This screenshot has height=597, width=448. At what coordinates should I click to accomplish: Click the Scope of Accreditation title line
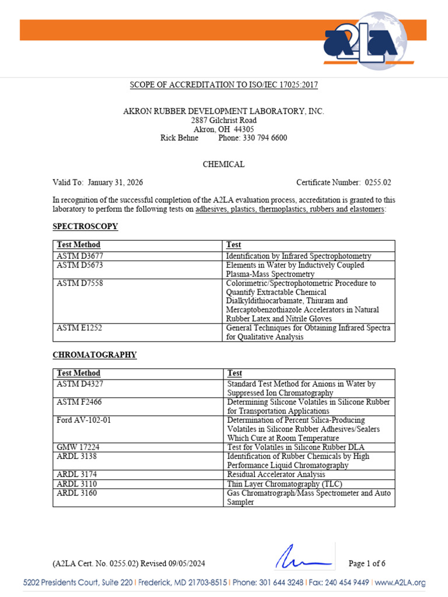click(224, 85)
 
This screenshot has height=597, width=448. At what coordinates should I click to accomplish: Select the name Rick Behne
click(179, 138)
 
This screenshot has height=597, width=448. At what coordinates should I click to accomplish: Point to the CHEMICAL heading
click(223, 164)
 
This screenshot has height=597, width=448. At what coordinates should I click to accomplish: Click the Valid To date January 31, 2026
click(116, 182)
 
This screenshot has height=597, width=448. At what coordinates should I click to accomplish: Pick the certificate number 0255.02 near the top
click(378, 182)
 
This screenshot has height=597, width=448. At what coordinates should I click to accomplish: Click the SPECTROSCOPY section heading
click(85, 226)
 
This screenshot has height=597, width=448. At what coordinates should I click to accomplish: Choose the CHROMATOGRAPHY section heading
click(94, 354)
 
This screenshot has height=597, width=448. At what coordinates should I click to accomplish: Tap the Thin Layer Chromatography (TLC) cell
click(285, 484)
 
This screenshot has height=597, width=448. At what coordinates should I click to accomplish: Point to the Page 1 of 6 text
click(367, 563)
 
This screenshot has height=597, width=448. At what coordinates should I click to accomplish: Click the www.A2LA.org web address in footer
click(400, 582)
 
